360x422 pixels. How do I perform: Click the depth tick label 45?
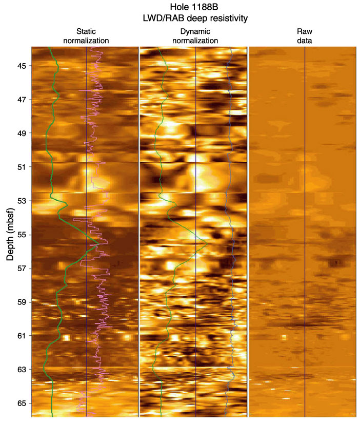point(22,66)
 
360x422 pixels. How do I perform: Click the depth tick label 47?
point(22,99)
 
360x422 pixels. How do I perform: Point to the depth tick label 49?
point(22,133)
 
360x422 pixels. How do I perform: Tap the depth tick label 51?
point(22,167)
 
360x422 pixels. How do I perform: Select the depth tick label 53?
point(22,201)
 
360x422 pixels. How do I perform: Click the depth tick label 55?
point(22,235)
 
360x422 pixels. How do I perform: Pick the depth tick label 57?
point(22,268)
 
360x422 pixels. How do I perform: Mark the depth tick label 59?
point(22,302)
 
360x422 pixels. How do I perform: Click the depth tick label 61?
point(22,335)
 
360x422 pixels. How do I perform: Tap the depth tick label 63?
point(22,369)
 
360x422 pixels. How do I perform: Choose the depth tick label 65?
point(22,402)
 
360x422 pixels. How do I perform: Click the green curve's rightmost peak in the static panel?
point(99,243)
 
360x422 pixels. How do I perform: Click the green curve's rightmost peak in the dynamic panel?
point(207,243)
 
